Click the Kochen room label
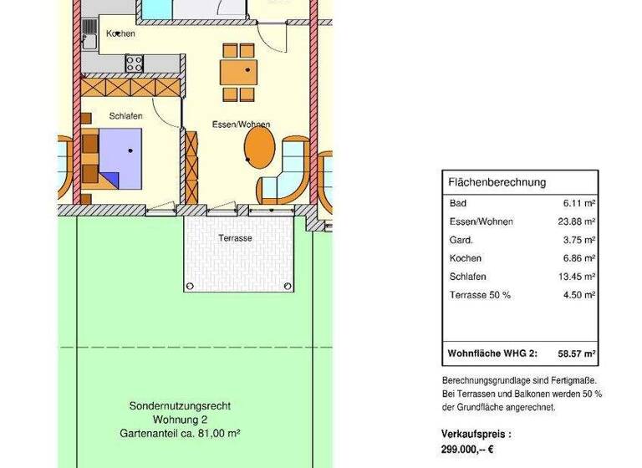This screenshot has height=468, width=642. coord(120,33)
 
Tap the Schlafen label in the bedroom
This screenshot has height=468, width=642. coord(125,116)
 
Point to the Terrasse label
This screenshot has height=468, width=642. coord(235,238)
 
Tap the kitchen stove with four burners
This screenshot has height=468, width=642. coord(135,62)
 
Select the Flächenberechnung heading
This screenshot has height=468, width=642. coord(497,182)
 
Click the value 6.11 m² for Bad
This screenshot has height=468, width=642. coord(578,203)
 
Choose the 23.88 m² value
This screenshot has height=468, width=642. coord(576,221)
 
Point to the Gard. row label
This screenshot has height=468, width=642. coord(461,240)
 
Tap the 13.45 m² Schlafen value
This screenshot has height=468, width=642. coord(576,277)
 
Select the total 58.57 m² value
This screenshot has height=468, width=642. coord(576,354)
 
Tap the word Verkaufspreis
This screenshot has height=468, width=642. coord(474,435)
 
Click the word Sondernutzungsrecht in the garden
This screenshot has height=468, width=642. coord(180,406)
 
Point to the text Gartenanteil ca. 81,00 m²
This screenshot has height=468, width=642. coord(180,434)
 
